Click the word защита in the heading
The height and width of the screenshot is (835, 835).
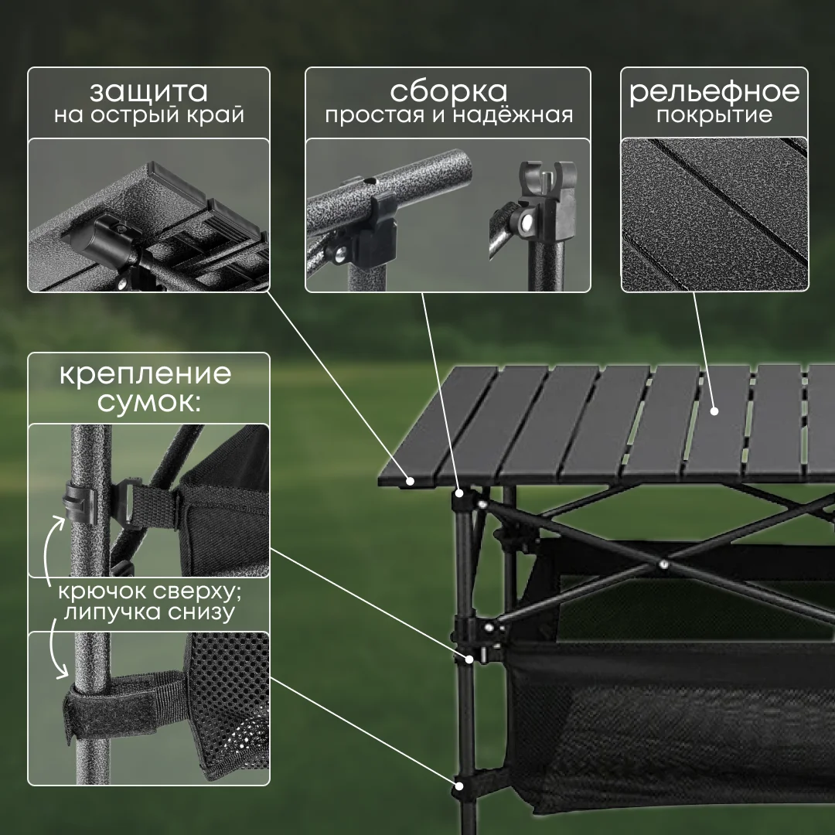pyautogui.click(x=148, y=91)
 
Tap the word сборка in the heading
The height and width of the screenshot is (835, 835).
pyautogui.click(x=448, y=90)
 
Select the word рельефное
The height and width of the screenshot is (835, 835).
pyautogui.click(x=714, y=91)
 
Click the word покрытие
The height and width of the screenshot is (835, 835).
pyautogui.click(x=714, y=115)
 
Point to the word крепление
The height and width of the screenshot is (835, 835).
pyautogui.click(x=145, y=374)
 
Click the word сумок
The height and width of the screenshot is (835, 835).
pyautogui.click(x=149, y=401)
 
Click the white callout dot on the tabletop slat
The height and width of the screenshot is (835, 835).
pyautogui.click(x=714, y=411)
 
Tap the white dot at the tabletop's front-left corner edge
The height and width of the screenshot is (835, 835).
pyautogui.click(x=410, y=481)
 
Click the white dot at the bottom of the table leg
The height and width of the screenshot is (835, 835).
pyautogui.click(x=458, y=786)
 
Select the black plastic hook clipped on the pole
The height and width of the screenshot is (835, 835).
pyautogui.click(x=80, y=504)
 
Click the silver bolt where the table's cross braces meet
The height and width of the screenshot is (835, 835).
pyautogui.click(x=663, y=564)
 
